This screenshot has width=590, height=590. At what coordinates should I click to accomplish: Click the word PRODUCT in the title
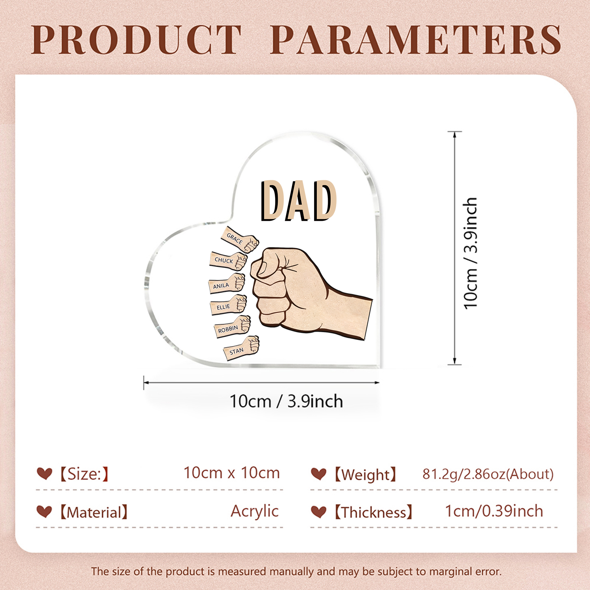click(x=136, y=40)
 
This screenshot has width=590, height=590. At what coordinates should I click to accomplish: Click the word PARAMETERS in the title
click(x=416, y=40)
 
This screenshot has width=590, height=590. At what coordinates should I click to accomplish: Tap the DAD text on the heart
click(x=299, y=201)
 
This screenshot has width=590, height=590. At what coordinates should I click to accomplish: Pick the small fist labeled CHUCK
click(x=228, y=261)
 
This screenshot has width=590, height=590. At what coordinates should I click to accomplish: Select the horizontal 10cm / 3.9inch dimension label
click(x=286, y=401)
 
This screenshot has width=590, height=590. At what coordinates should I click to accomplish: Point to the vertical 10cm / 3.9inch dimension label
click(x=471, y=253)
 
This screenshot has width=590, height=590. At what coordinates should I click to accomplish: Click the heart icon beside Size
click(x=44, y=473)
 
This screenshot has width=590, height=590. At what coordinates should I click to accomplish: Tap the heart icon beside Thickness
click(x=318, y=512)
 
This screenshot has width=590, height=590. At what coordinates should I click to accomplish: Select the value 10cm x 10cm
click(x=232, y=473)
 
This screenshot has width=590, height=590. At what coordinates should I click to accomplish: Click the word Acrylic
click(x=254, y=511)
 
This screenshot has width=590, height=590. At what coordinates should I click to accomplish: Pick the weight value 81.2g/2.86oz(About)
click(x=488, y=474)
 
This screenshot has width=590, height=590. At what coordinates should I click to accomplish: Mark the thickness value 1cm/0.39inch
click(x=494, y=511)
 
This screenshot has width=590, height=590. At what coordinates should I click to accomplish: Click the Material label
click(x=94, y=512)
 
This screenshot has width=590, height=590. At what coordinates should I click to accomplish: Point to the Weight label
click(x=365, y=475)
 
